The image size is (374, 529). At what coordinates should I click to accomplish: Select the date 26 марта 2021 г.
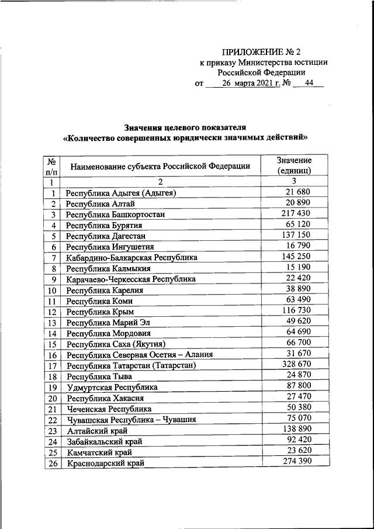(x=248, y=83)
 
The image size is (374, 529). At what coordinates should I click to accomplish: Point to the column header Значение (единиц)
(x=294, y=165)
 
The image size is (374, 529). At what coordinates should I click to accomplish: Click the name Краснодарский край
(x=105, y=463)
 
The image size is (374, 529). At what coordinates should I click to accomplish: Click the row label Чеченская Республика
(x=109, y=409)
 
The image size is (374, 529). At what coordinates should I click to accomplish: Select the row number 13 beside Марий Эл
(x=53, y=323)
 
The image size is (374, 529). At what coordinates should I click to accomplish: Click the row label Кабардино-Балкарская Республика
(x=131, y=257)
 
